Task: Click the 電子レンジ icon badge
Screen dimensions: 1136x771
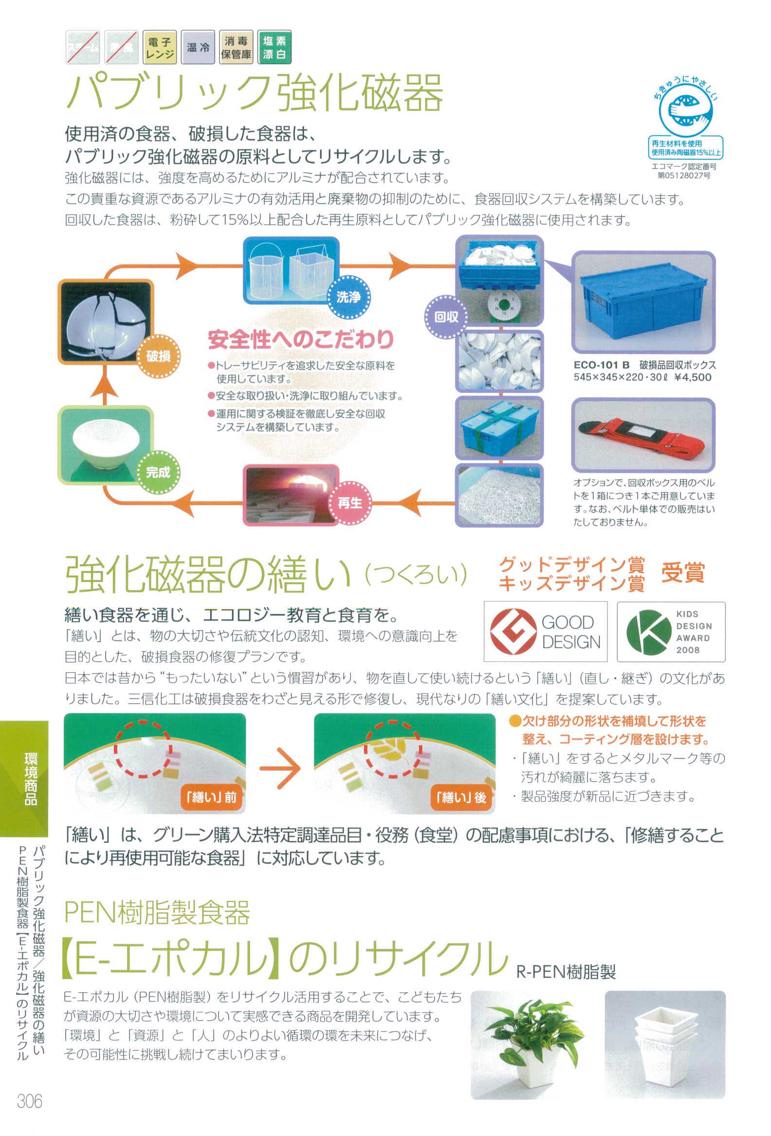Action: click(160, 48)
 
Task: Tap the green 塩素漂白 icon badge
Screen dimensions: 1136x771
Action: click(275, 48)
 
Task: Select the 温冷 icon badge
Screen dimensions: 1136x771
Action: click(198, 48)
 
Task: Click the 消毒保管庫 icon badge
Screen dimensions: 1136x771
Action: click(236, 48)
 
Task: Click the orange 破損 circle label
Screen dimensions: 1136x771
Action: click(159, 356)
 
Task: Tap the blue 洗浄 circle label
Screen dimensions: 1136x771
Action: click(349, 296)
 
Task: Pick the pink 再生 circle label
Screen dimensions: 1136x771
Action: click(349, 502)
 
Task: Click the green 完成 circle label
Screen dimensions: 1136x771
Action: click(158, 472)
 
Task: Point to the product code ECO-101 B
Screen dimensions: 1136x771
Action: click(601, 365)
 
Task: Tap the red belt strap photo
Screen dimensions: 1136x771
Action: click(643, 434)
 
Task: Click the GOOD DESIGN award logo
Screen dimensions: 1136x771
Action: click(545, 631)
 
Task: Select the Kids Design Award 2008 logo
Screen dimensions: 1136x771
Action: click(671, 631)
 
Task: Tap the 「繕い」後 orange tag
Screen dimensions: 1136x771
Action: click(461, 797)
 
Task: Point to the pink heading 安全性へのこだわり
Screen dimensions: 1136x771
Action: click(301, 339)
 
